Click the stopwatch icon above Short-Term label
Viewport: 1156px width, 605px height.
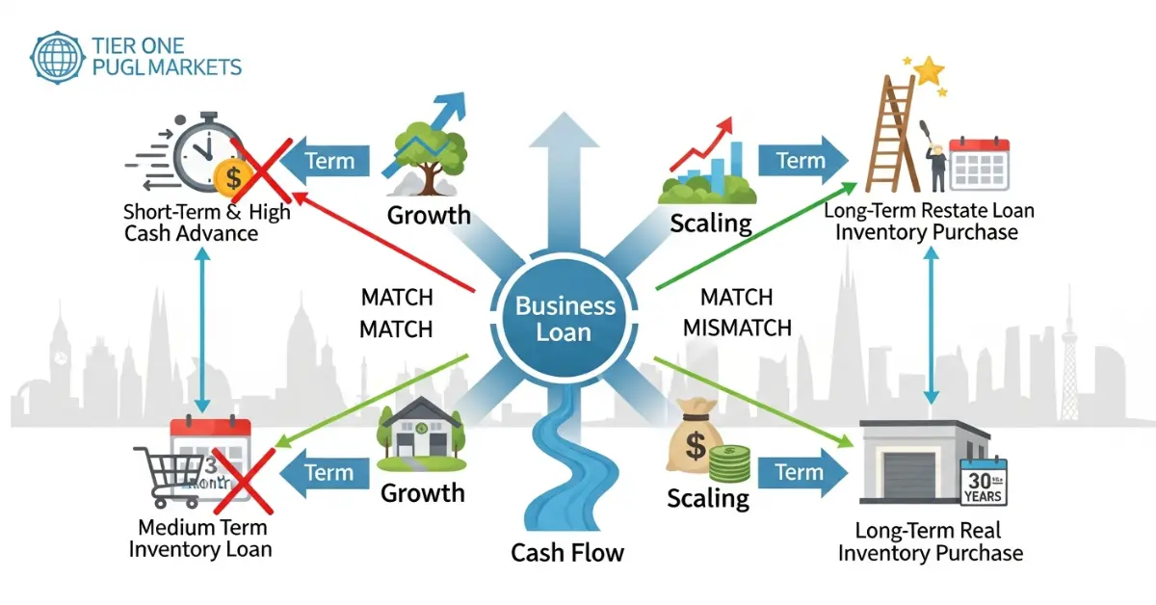[197, 154]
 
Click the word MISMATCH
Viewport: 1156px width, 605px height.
[737, 328]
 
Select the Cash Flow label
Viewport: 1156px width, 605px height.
[566, 553]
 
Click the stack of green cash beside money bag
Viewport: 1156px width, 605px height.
[730, 463]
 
